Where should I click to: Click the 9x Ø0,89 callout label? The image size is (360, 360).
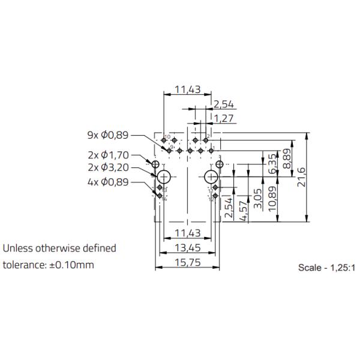click(108, 135)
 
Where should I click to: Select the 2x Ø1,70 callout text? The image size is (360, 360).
click(108, 155)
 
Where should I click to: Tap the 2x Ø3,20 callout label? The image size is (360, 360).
click(108, 168)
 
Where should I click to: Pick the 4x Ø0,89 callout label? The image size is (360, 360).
click(108, 182)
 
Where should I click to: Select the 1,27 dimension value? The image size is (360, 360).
click(223, 118)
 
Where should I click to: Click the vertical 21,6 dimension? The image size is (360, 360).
click(302, 178)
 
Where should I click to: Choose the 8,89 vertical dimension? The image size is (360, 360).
click(288, 158)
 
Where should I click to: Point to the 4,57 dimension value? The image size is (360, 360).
click(244, 210)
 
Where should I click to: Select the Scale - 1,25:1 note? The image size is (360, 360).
click(326, 267)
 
